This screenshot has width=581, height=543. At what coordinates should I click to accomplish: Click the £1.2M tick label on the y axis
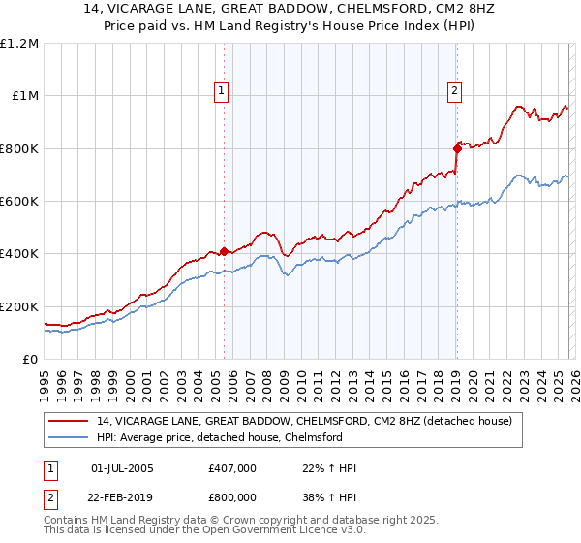20,43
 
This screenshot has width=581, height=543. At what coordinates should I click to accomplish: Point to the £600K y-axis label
20,201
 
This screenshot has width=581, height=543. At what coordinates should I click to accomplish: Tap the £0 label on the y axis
30,359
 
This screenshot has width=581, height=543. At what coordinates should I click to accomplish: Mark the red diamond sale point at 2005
224,252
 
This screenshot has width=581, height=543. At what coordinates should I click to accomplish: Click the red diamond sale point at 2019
457,148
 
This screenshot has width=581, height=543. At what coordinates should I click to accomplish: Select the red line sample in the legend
70,421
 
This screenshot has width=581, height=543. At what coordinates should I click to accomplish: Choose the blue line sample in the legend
70,437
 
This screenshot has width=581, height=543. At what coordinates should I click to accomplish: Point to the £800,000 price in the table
232,496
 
